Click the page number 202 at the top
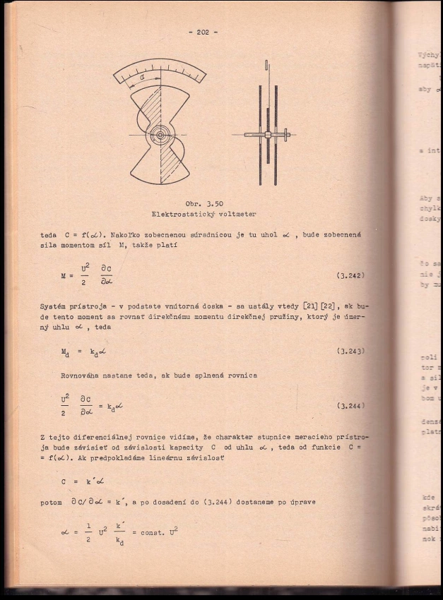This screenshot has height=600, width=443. point(203,32)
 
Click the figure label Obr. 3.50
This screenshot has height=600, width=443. point(204,203)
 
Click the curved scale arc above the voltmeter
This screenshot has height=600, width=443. point(160,71)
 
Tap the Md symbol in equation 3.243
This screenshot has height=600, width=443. point(65,351)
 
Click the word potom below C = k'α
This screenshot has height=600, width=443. point(52,503)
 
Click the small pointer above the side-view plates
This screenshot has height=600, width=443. point(267,66)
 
